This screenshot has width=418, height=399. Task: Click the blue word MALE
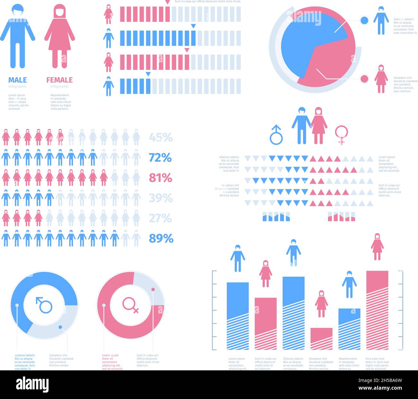pyautogui.click(x=17, y=80)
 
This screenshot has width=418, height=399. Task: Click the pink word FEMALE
pyautogui.click(x=59, y=80)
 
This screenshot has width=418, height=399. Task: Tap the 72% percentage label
pyautogui.click(x=160, y=158)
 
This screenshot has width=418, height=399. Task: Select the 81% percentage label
pyautogui.click(x=160, y=178)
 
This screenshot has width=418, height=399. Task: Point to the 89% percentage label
pyautogui.click(x=161, y=239)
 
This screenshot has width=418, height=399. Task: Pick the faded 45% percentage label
pyautogui.click(x=161, y=138)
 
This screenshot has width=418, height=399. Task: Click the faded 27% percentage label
pyautogui.click(x=160, y=218)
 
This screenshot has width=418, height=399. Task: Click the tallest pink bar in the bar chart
pyautogui.click(x=377, y=309)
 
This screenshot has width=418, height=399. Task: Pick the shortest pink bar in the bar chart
pyautogui.click(x=321, y=338)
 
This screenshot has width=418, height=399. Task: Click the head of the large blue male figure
pyautogui.click(x=17, y=10)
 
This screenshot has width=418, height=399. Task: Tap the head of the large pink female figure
pyautogui.click(x=59, y=12)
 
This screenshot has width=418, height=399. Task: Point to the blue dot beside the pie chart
pyautogui.click(x=364, y=21)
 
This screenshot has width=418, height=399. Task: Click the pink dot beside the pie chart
pyautogui.click(x=364, y=79)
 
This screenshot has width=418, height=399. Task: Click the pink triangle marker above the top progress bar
pyautogui.click(x=167, y=2)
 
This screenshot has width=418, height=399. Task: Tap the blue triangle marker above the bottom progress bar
pyautogui.click(x=148, y=74)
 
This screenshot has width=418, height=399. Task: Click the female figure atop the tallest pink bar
pyautogui.click(x=377, y=247)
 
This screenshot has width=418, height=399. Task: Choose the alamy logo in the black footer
pyautogui.click(x=32, y=385)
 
